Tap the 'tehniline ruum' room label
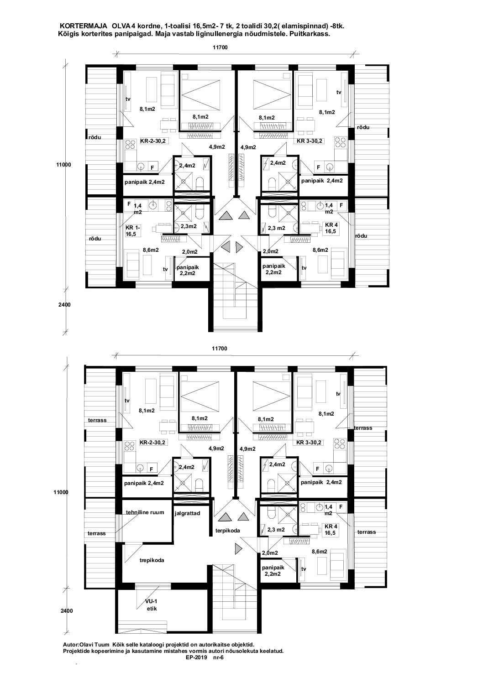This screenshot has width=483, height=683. point(145,512)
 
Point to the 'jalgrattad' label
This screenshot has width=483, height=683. point(187,513)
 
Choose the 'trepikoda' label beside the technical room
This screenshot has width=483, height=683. point(152,560)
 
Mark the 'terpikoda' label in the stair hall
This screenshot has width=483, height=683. point(227,531)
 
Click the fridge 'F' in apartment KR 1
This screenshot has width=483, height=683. point(129,203)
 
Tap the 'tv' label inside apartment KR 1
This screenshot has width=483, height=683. point(165,269)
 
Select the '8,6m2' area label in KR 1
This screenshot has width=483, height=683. point(151,250)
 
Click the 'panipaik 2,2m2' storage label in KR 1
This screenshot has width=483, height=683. point(188,271)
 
